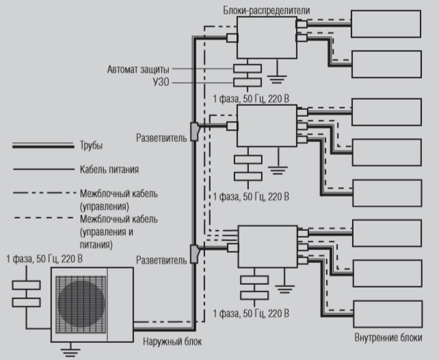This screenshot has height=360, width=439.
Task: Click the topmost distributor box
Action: [x=266, y=37]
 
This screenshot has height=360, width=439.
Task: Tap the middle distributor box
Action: [x=266, y=126]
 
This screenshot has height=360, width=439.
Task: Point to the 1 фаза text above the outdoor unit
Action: [x=44, y=259]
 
